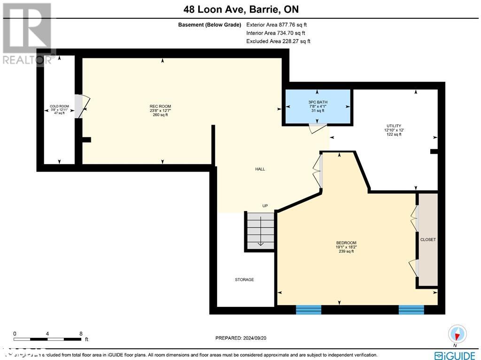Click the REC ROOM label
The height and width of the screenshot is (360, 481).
point(160,106)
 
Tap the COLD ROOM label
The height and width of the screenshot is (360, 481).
point(59,106)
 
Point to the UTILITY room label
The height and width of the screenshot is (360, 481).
point(393,126)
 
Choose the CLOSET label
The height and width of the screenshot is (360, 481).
point(428,240)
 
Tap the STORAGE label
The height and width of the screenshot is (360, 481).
point(244,280)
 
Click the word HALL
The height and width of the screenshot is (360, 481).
point(260,169)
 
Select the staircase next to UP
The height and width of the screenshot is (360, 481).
point(260,230)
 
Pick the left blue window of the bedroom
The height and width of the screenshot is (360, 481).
point(308,309)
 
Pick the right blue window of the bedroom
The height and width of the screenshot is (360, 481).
point(411,309)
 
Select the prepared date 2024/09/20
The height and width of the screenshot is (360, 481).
point(240,338)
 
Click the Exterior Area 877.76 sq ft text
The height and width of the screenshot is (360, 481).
point(276,25)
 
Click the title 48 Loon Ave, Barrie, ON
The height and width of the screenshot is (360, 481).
point(240,9)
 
